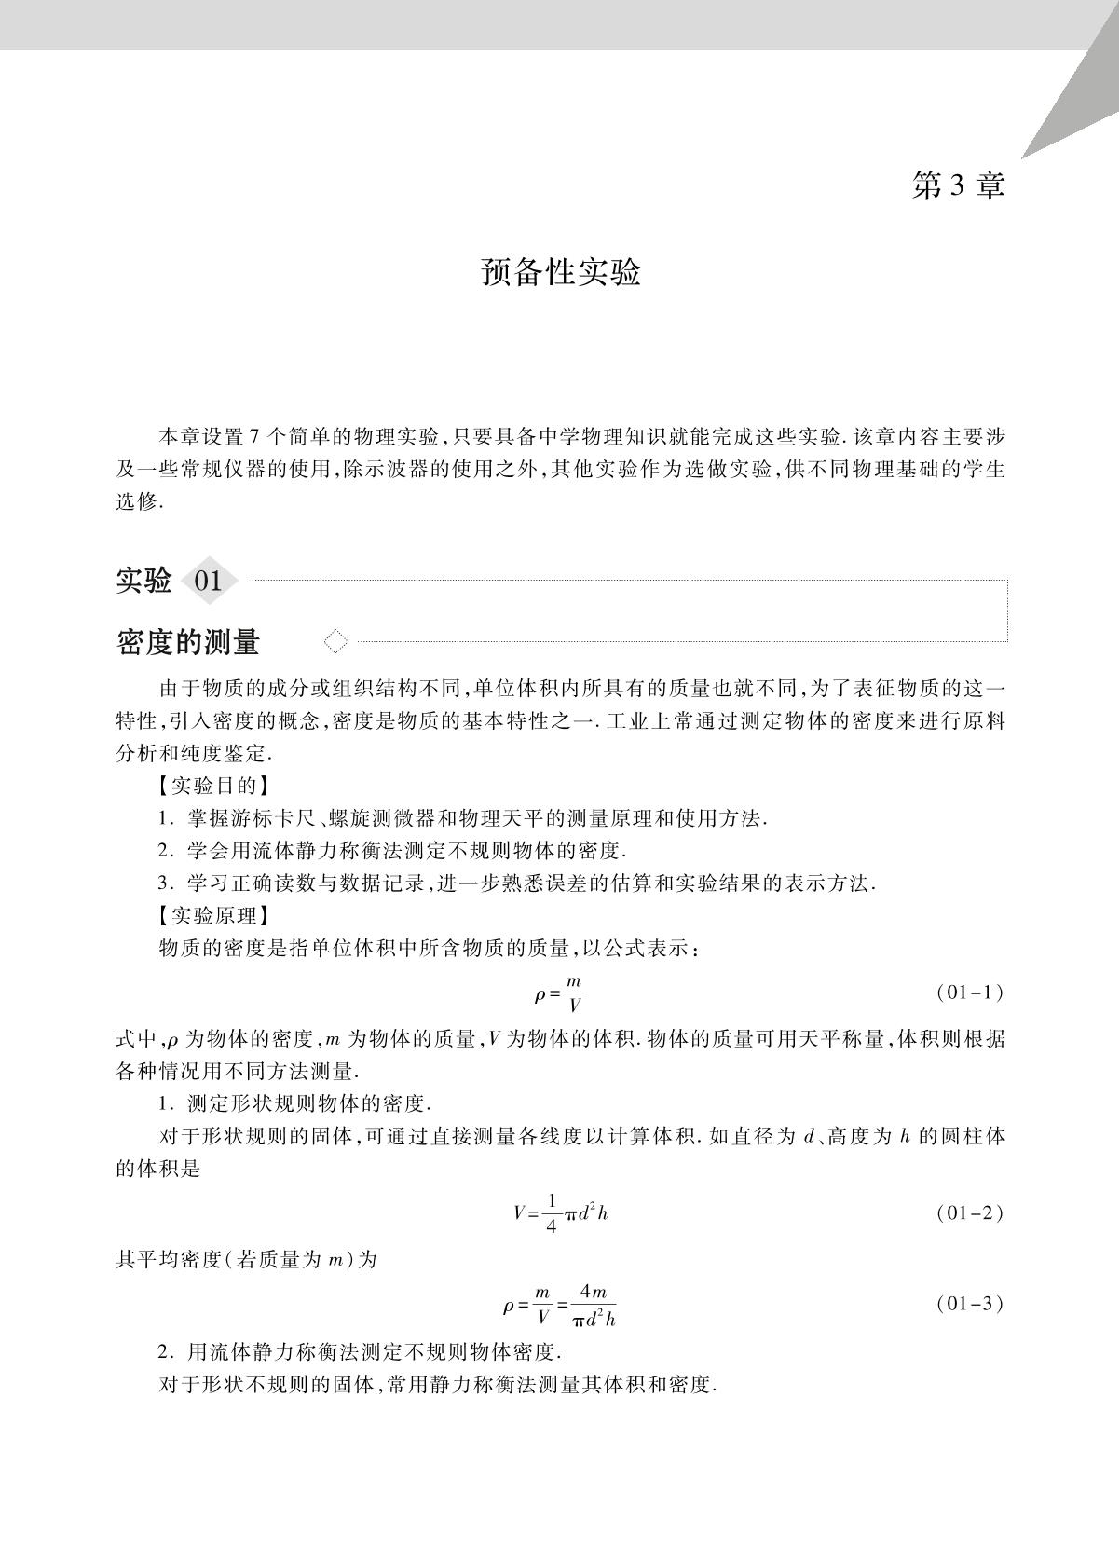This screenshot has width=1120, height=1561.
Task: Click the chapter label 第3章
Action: (x=958, y=185)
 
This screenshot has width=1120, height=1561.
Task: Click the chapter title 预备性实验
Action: (x=561, y=272)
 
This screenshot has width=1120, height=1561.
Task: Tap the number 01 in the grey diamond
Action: (x=208, y=582)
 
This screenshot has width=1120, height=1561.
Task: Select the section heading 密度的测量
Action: (x=188, y=642)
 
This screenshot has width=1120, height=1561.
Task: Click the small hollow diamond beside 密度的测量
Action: (x=335, y=641)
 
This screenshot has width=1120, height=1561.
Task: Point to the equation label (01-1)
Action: (x=969, y=993)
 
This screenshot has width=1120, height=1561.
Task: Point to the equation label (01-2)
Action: (x=969, y=1212)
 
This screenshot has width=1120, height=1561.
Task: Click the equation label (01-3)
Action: (x=969, y=1304)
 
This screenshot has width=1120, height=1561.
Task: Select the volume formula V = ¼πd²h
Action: (x=561, y=1212)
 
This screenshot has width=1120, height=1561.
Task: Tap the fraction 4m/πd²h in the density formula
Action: (x=594, y=1305)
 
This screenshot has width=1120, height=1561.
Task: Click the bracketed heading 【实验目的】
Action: (x=213, y=786)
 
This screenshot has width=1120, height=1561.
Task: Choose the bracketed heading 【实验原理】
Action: (x=213, y=915)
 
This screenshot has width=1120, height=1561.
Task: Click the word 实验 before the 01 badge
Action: (x=143, y=581)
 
